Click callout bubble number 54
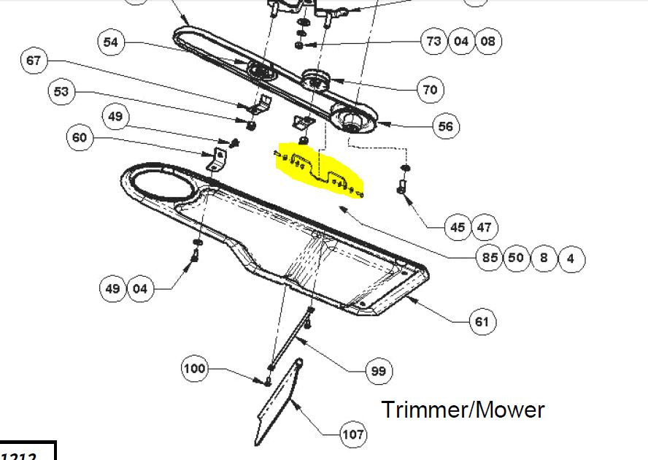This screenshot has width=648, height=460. click(x=110, y=42)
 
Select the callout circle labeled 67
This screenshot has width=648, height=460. click(x=34, y=61)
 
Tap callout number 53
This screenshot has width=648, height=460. click(x=62, y=92)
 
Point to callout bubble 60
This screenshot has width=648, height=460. click(x=80, y=137)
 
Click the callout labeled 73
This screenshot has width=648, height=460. click(x=434, y=41)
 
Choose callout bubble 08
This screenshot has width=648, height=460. click(x=488, y=41)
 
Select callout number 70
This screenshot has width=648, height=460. click(x=430, y=90)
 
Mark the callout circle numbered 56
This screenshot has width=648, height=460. click(x=446, y=126)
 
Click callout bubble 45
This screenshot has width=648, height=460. click(x=458, y=227)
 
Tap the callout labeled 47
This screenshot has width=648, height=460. click(x=485, y=227)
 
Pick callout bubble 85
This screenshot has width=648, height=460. click(x=490, y=258)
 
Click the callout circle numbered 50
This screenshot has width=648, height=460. click(x=517, y=258)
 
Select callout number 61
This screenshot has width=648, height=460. click(x=482, y=321)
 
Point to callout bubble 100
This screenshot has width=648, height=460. click(x=194, y=369)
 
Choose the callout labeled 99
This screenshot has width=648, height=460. click(x=378, y=371)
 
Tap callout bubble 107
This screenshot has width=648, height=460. click(x=353, y=435)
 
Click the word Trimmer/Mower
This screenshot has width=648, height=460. click(x=463, y=410)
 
